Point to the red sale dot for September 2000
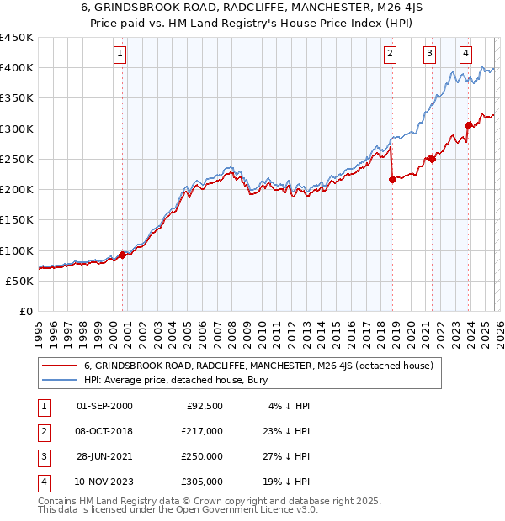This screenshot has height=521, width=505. tap(123, 255)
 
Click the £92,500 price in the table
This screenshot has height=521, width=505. tap(205, 406)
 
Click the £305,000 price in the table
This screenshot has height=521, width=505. tap(201, 482)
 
